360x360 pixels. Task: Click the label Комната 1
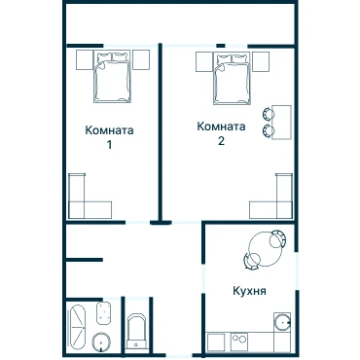(109, 137)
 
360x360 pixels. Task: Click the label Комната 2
(221, 133)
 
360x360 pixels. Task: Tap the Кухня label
(249, 291)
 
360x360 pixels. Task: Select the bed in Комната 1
(112, 77)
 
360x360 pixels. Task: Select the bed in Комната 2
(232, 79)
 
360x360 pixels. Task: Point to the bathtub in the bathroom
(77, 327)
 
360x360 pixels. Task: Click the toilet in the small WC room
(136, 330)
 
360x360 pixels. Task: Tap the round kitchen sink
(282, 323)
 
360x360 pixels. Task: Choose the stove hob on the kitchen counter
(239, 341)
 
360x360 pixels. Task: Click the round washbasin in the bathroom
(101, 342)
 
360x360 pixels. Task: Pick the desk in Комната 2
(281, 123)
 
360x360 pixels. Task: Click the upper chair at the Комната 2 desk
(268, 114)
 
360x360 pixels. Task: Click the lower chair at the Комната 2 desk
(268, 130)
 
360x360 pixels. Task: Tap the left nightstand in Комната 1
(85, 59)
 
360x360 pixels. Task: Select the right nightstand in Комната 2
(261, 61)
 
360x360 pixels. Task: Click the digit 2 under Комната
(221, 141)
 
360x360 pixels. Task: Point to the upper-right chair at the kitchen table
(278, 239)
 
